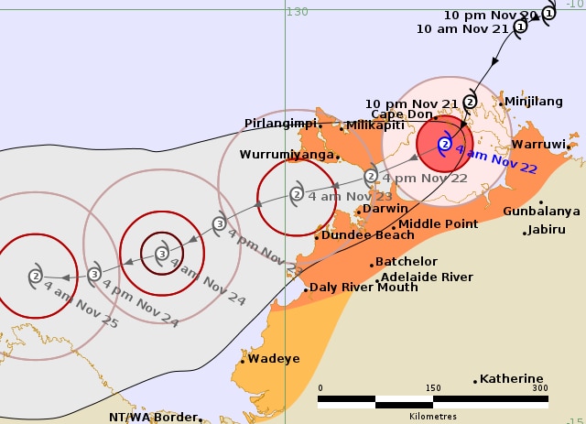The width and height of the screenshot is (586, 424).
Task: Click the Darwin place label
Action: [x=385, y=209]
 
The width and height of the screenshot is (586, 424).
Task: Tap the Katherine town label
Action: [x=511, y=378]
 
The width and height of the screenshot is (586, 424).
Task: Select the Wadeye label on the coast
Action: [x=274, y=359]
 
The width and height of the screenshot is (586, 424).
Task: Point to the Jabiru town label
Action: [x=548, y=230]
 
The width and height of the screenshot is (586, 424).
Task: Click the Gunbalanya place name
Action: [x=541, y=211]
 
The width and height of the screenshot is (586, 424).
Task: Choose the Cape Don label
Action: [x=401, y=114]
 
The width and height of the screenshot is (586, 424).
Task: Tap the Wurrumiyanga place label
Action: [x=287, y=155]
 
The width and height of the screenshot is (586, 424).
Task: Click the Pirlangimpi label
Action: [x=280, y=123]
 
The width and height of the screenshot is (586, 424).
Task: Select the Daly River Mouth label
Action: [x=364, y=287]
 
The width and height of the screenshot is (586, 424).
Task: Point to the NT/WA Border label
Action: [x=153, y=417]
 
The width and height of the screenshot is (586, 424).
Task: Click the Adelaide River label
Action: [x=427, y=277]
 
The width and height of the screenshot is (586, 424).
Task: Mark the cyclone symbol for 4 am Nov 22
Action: [x=445, y=144]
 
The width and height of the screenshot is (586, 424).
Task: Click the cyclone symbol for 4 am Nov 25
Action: [x=36, y=275]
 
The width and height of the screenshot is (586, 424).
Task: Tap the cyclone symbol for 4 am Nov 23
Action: [x=297, y=193]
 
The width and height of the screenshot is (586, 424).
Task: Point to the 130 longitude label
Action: [x=297, y=11]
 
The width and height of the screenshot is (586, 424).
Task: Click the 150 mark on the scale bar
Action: [x=433, y=387]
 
